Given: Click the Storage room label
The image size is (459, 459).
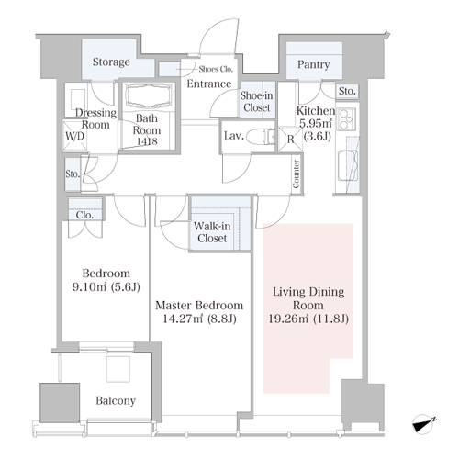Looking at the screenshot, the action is pos(111,62).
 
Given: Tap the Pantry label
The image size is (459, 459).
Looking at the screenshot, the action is pos(314,64).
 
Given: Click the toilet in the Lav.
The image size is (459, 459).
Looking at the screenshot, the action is pos(261,136).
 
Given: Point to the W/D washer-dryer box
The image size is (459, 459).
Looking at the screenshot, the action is pos(75,136).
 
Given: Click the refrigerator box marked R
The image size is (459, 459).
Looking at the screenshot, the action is pos(290,140).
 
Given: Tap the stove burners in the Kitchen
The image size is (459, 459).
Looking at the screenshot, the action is pos(346,119).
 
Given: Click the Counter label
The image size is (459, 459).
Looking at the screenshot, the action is pos(296,174).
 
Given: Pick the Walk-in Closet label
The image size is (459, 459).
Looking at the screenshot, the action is pos(212,232).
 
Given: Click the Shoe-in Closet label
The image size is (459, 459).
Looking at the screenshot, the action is pos(256,102).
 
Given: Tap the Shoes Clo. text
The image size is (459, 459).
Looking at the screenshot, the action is pos(216,69).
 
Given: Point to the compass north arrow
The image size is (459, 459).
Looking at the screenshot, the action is pos(424,424).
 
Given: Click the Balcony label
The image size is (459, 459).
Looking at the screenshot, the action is pos(116,401).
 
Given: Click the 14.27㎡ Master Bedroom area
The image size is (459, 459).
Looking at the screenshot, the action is pos(183,319).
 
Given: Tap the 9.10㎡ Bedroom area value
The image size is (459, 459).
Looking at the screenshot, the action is pos(89,287).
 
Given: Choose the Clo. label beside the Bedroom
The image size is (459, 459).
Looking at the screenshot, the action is pos(84,215).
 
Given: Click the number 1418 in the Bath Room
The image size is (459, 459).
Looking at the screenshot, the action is pos(147,141).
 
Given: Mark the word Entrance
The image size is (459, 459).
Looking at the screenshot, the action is pos(209,84).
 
